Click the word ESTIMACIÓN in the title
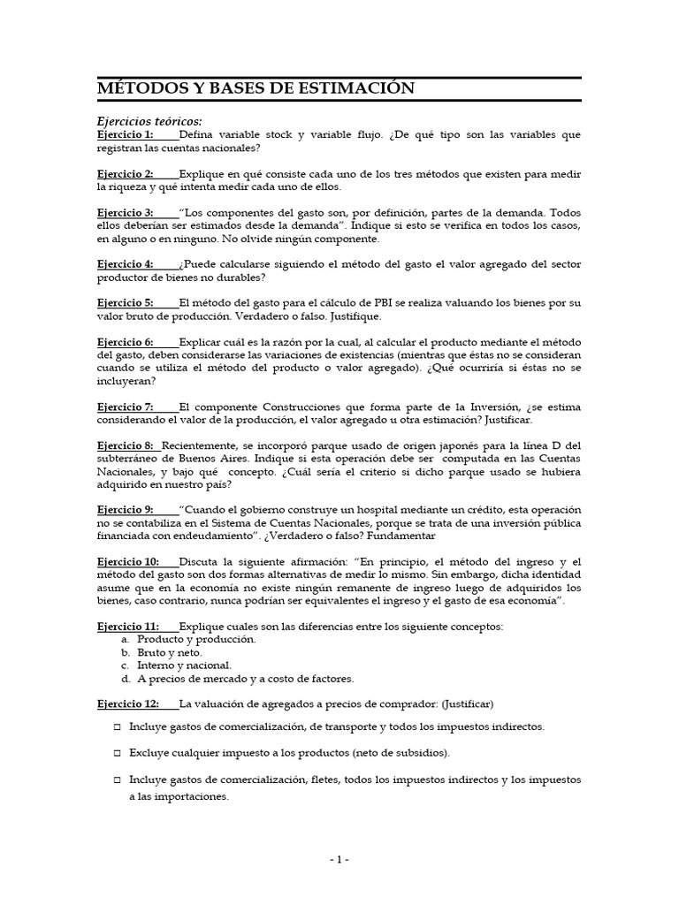352,88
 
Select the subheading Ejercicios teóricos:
149,121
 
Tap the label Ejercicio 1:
125,135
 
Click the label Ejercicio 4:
125,264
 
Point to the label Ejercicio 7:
125,407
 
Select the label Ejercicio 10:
127,561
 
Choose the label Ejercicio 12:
127,703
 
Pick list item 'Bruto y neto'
169,652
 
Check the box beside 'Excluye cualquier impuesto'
118,753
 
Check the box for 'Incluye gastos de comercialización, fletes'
118,781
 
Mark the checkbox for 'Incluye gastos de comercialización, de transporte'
118,727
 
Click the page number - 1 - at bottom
339,860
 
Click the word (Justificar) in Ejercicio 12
462,703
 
